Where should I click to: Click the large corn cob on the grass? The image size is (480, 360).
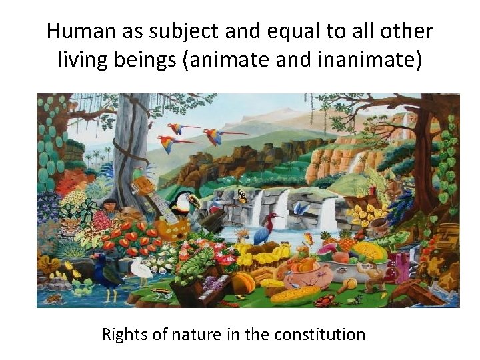[x=293, y=294]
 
